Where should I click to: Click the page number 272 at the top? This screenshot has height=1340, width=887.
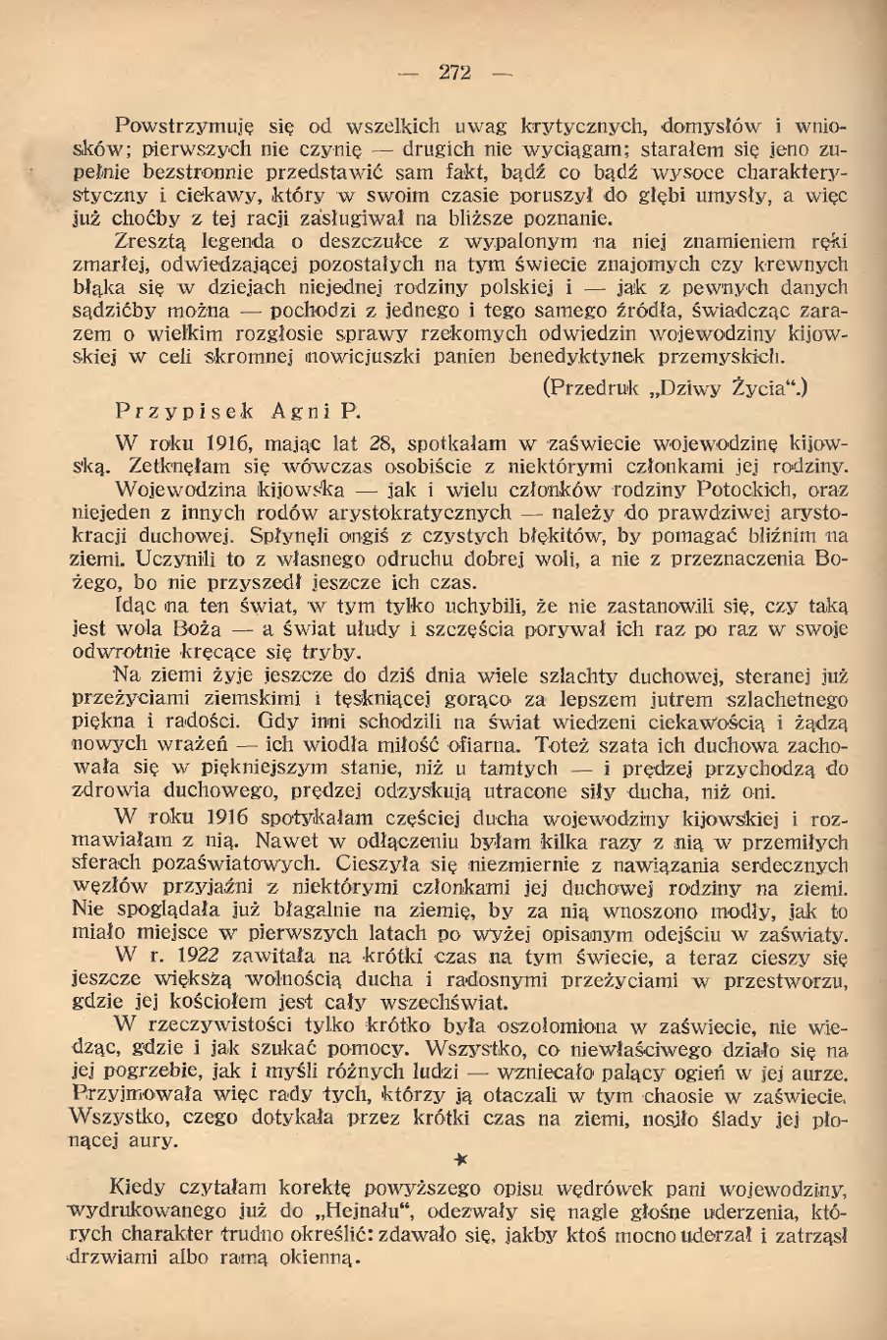455,72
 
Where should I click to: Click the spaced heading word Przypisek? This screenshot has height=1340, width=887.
184,411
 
